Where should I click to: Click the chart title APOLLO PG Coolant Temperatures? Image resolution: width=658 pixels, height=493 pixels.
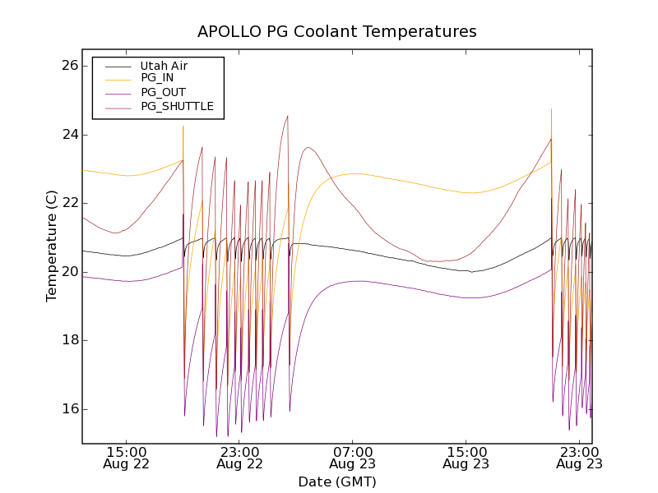point(336,32)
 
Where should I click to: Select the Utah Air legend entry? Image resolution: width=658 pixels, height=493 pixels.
point(164,66)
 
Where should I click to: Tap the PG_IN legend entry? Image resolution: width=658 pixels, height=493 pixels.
point(157,78)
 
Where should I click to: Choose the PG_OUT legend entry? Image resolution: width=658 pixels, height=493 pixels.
point(163,92)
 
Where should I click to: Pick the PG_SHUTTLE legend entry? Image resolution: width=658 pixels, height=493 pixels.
point(177,106)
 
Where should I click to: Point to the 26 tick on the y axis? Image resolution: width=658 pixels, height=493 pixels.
point(68,66)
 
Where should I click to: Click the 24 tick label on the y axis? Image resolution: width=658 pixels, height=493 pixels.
point(68,135)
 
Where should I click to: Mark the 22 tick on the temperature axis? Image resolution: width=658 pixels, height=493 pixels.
point(68,203)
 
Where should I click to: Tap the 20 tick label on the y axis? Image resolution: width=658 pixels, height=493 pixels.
point(68,272)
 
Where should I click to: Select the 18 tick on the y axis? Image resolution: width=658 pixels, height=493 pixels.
point(68,340)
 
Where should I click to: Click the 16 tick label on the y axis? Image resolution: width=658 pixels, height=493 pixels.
point(68,409)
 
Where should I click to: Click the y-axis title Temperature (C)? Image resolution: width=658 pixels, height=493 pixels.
point(52,246)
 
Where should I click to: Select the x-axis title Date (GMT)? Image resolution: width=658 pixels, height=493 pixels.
point(336,481)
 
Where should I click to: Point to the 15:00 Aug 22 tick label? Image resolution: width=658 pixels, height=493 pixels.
point(127,458)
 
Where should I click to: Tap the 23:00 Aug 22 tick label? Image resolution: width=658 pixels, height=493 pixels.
point(240,458)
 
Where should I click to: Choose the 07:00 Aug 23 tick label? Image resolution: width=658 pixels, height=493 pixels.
point(353,458)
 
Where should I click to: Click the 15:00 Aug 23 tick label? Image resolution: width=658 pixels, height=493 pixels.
point(466,458)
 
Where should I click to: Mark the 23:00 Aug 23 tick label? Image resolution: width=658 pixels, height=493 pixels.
point(579,458)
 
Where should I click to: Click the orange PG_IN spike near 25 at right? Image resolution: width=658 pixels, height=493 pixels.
point(551,110)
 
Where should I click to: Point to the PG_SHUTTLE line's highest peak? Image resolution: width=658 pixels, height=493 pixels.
point(287,116)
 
